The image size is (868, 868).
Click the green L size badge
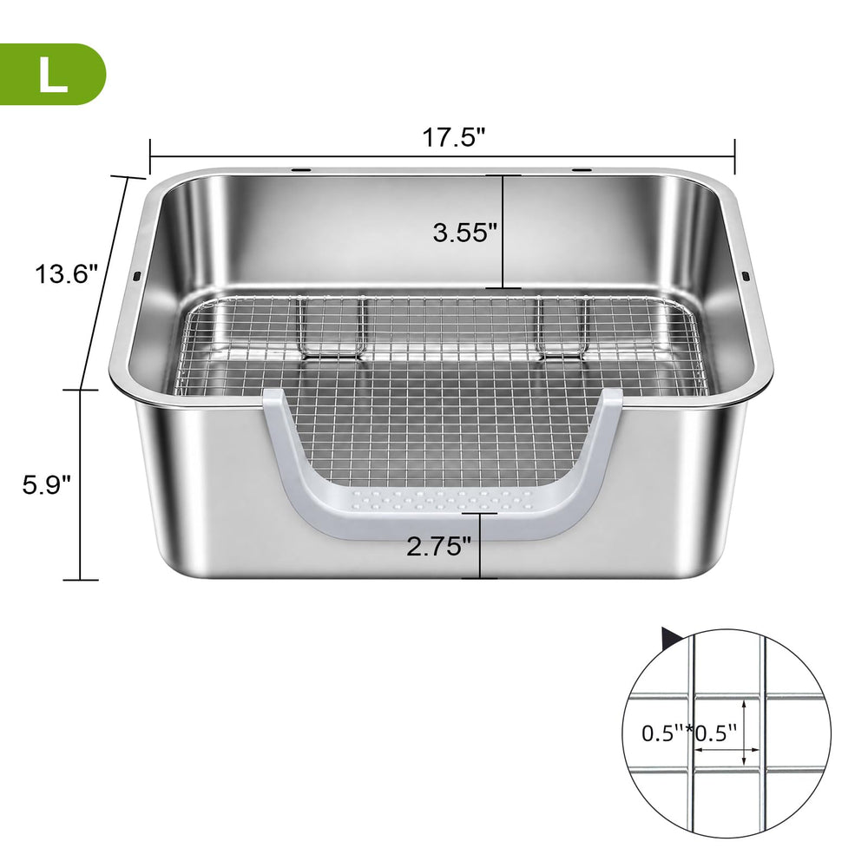coord(52,74)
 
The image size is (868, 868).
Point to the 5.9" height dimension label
coord(47,485)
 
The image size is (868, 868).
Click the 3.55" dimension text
coord(463,233)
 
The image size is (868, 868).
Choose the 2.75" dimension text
coord(438,547)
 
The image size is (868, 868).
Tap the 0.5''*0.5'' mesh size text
coord(689,733)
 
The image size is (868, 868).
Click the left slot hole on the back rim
coord(302,169)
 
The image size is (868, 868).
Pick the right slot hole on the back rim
coord(581,169)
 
